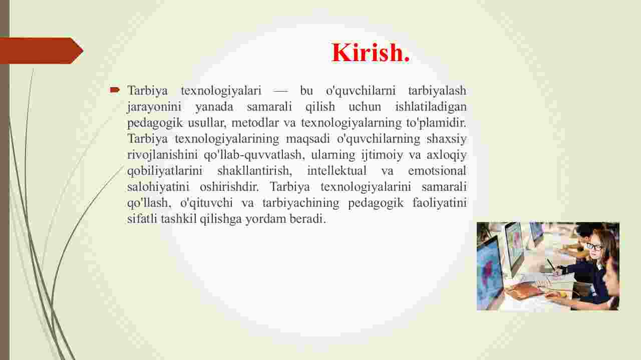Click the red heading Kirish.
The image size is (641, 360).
pos(371,53)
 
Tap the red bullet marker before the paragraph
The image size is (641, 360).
pos(115,90)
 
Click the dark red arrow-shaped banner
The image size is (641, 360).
pos(42,51)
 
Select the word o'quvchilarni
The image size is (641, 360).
pos(361,91)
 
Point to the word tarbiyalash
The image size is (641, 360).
pos(437,91)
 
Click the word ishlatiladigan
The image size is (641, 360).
pos(431,107)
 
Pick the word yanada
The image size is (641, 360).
pos(214,107)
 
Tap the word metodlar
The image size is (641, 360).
pos(255,123)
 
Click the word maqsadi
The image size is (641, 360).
pos(308,139)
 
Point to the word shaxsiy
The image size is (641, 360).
pos(446,139)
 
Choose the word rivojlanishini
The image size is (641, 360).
pos(162,155)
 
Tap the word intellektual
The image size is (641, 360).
pos(337,171)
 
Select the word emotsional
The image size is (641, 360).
pos(437,171)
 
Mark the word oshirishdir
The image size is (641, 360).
pos(229,187)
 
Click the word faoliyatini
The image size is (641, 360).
pos(440,203)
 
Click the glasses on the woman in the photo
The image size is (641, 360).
pos(594,247)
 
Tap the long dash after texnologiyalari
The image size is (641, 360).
pos(280,91)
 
